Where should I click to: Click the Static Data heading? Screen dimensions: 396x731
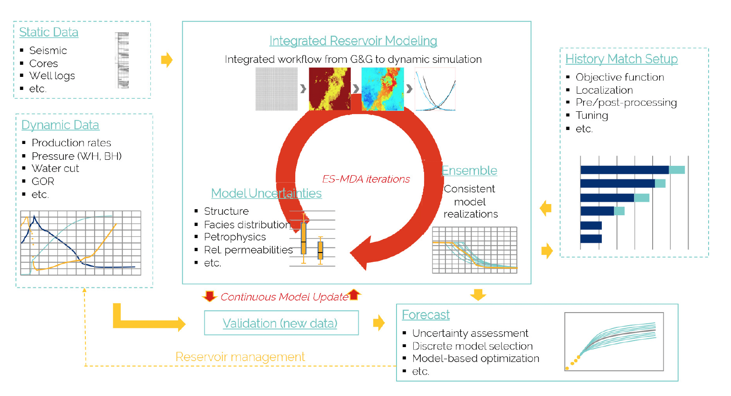coord(49,32)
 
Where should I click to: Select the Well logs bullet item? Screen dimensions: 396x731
coord(52,75)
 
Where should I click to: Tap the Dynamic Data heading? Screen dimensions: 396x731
coord(60,125)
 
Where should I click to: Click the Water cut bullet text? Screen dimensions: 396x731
coord(55,168)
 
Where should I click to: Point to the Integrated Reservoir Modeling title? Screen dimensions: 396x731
coord(353,41)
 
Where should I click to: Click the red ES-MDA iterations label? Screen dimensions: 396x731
coord(366,179)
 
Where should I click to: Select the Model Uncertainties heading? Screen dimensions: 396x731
coord(266,193)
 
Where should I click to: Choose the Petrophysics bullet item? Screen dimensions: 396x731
coord(235,237)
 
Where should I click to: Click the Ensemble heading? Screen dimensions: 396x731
coord(469,171)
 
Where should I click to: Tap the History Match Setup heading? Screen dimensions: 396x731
coord(621,59)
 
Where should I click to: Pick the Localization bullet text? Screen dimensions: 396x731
coord(604,90)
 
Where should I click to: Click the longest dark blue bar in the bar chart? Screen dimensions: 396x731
coord(624,170)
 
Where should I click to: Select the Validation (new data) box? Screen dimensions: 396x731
coord(281,323)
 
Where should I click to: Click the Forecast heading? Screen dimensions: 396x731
coord(425,315)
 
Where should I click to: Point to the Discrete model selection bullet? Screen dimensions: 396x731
coord(472,346)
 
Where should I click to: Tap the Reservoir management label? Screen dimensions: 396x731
coord(240,357)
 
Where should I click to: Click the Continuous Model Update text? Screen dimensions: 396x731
coord(284,297)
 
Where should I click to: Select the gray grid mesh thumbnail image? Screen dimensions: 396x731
coord(277,89)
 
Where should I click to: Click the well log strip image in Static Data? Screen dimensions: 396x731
coord(122,60)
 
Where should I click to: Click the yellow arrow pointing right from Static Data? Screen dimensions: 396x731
coord(167,60)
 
